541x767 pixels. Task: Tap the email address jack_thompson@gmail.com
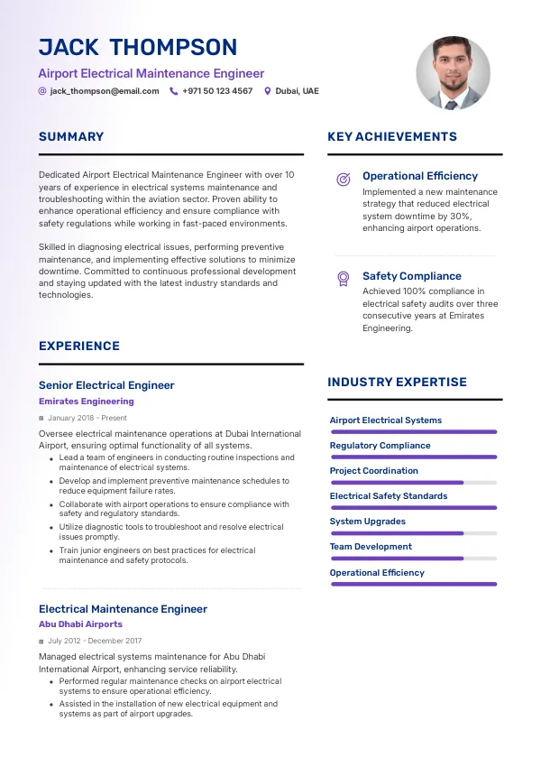[x=105, y=91]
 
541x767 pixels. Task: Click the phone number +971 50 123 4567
[x=217, y=91]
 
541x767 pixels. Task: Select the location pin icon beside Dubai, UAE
[x=267, y=91]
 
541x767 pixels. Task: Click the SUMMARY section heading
[x=71, y=137]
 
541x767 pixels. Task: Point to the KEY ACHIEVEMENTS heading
[x=392, y=137]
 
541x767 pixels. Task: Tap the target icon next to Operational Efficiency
[x=343, y=179]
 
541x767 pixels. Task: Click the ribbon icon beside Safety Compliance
[x=343, y=278]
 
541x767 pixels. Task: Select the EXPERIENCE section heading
[x=79, y=347]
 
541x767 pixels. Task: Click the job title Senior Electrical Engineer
[x=106, y=385]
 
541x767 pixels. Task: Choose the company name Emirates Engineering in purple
[x=87, y=402]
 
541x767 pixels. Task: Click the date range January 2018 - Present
[x=87, y=419]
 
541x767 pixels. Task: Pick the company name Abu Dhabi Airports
[x=80, y=624]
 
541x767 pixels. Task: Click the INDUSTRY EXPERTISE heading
[x=397, y=383]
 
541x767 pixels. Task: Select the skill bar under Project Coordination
[x=414, y=483]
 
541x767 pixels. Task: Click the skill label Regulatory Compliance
[x=380, y=446]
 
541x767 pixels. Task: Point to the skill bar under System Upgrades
[x=414, y=533]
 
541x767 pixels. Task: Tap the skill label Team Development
[x=371, y=547]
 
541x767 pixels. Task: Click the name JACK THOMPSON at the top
[x=138, y=48]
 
